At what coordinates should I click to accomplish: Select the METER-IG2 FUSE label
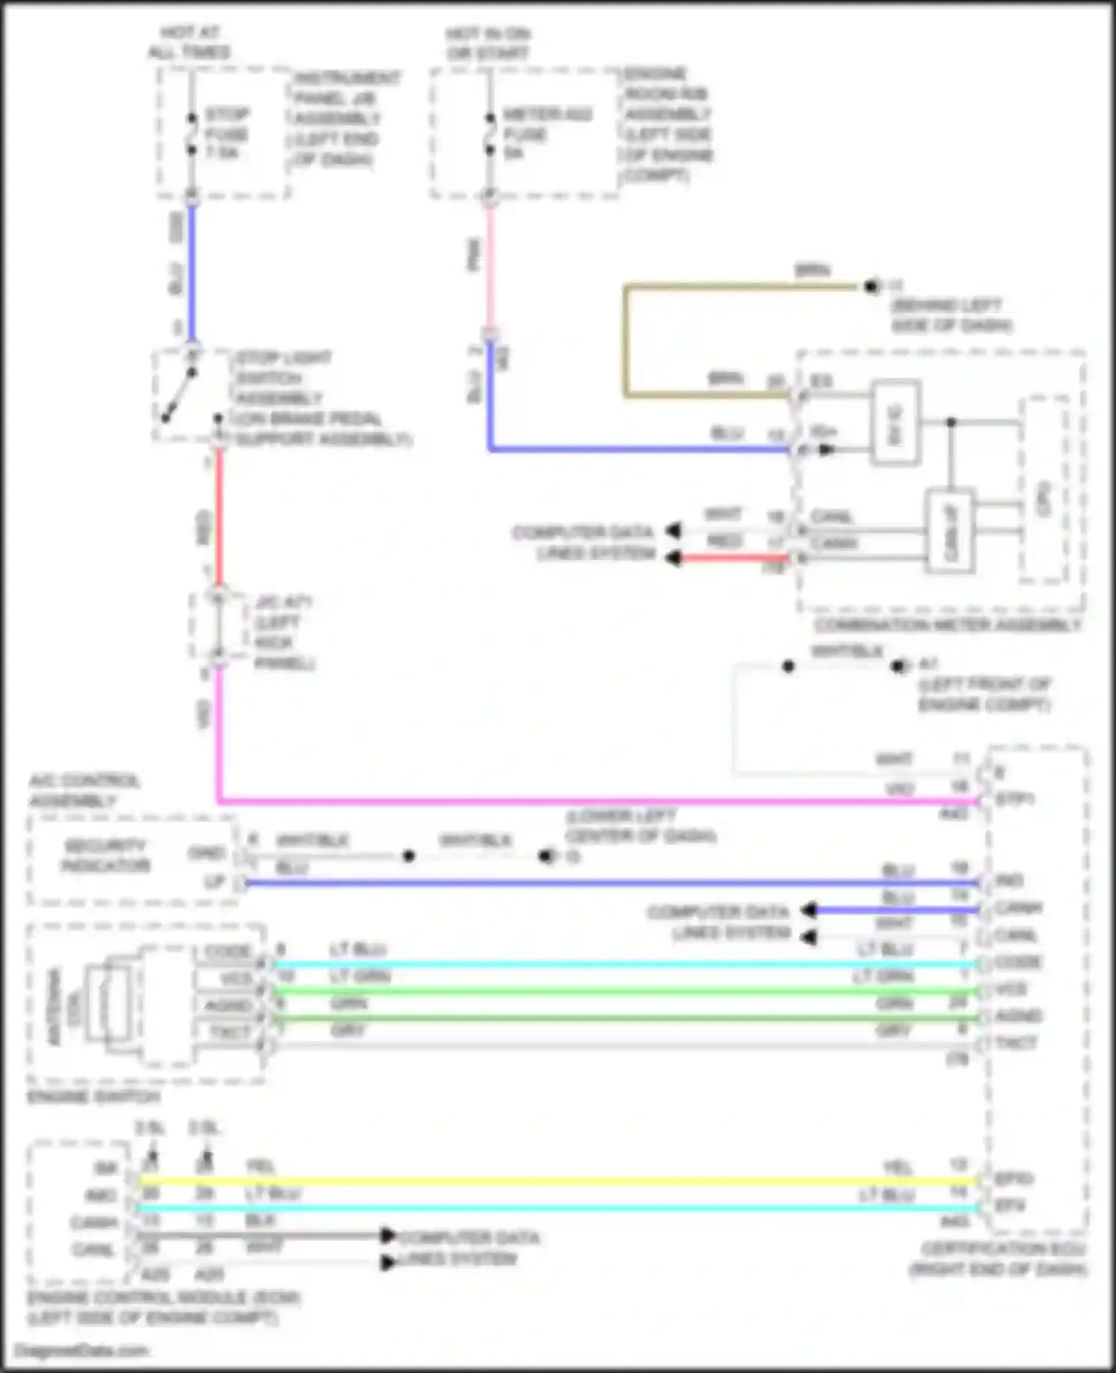[547, 133]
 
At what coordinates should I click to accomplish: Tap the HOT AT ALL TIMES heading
[189, 42]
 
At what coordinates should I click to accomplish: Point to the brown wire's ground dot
[870, 286]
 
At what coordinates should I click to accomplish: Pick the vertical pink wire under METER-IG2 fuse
[490, 268]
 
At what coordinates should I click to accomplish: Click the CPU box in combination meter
[1045, 491]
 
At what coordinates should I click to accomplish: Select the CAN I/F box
[951, 530]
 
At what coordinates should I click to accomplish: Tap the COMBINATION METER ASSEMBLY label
[946, 626]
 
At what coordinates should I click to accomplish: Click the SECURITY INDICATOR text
[106, 856]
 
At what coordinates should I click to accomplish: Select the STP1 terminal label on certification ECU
[1015, 800]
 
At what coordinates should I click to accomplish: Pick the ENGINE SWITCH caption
[94, 1097]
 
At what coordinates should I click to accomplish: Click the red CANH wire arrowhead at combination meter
[673, 558]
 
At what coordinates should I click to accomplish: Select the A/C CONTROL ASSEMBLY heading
[84, 791]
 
